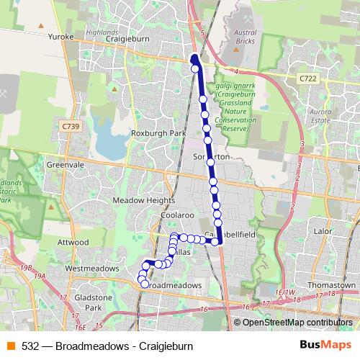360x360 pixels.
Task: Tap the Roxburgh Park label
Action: coord(158,134)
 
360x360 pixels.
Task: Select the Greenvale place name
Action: coord(60,165)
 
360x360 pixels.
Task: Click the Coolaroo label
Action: coord(158,215)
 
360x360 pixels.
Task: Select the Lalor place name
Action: coord(322,231)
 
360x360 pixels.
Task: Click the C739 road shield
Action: coord(70,126)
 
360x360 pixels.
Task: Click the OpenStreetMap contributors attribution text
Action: coord(297,322)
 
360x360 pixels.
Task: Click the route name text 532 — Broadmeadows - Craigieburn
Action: coord(107,346)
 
